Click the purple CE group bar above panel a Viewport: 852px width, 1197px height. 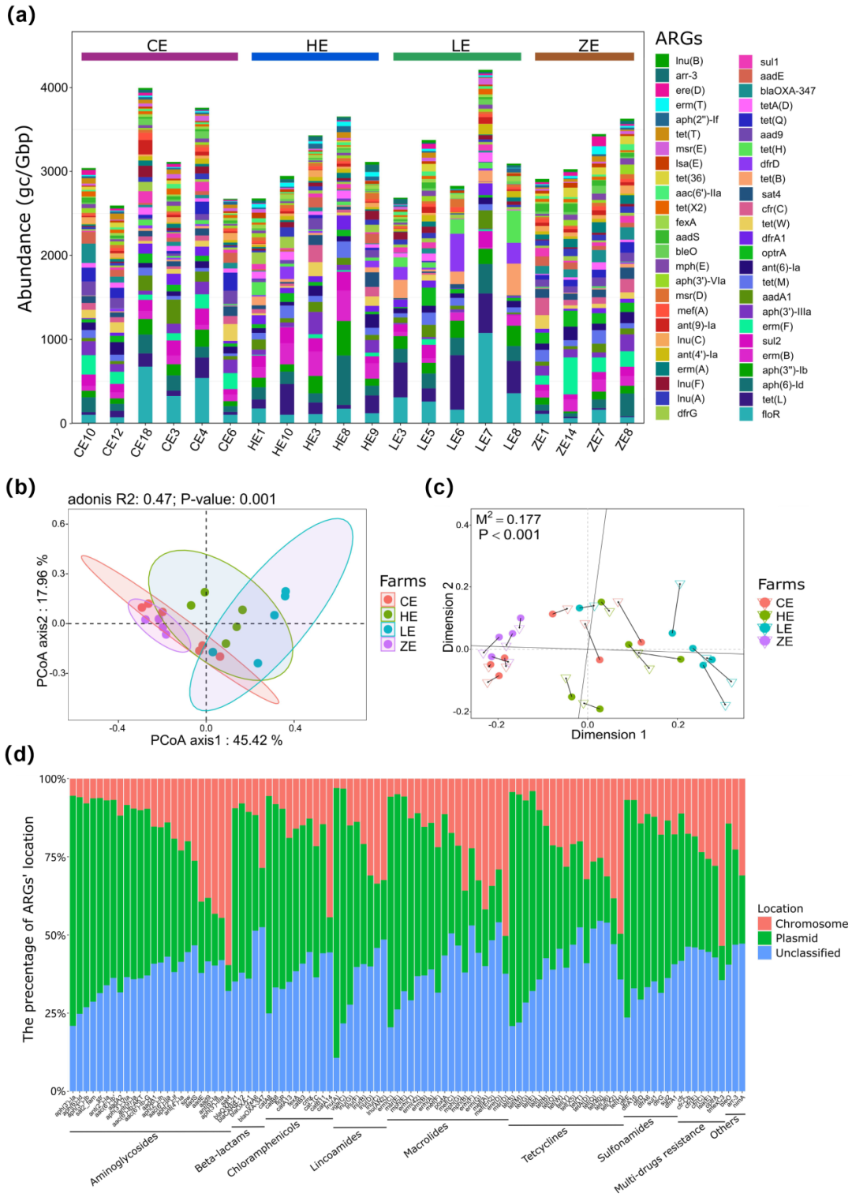[x=159, y=57]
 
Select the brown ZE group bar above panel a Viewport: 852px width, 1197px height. [x=584, y=57]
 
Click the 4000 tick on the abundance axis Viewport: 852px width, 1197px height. [x=54, y=88]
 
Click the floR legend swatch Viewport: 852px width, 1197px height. [x=745, y=414]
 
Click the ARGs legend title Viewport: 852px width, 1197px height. [x=678, y=39]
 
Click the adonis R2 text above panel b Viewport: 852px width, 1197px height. [x=172, y=499]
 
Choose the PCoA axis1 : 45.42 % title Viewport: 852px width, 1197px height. [x=216, y=740]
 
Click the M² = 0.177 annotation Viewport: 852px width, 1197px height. [x=508, y=519]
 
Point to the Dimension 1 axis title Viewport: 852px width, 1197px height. [x=608, y=735]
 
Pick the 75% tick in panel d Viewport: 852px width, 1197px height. [x=53, y=857]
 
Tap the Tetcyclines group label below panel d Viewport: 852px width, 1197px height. [x=544, y=1145]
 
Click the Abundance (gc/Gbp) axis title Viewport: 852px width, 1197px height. [x=25, y=219]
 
